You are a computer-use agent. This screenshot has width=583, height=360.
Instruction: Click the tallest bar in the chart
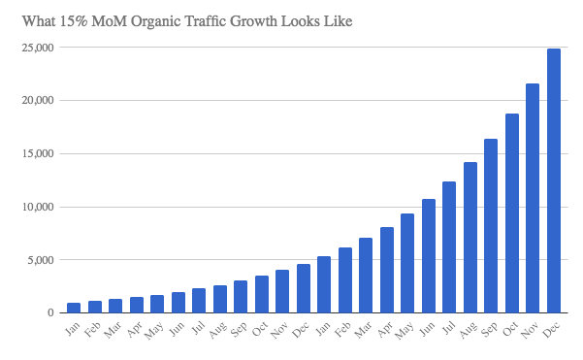click(x=554, y=180)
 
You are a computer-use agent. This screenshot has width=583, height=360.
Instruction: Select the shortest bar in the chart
click(x=74, y=308)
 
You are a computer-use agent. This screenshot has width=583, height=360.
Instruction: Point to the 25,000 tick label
click(x=38, y=48)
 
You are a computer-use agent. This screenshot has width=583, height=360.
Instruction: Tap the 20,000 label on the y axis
click(x=38, y=100)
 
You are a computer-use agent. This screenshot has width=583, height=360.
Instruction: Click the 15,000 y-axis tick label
click(x=38, y=153)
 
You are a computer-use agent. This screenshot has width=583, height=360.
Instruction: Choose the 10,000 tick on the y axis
click(x=38, y=207)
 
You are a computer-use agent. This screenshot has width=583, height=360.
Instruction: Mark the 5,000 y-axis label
click(x=41, y=260)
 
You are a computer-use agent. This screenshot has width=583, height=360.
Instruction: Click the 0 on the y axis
click(x=51, y=312)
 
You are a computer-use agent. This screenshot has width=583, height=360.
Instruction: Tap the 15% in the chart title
click(x=74, y=20)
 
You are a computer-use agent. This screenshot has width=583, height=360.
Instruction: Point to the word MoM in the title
click(x=109, y=20)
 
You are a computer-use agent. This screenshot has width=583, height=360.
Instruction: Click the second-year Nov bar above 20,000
click(x=533, y=198)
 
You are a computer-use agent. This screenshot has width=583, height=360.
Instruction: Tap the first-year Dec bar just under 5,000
click(x=304, y=288)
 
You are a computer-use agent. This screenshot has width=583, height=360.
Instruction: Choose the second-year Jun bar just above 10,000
click(x=429, y=256)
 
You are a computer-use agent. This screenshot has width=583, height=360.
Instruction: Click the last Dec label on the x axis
click(x=551, y=330)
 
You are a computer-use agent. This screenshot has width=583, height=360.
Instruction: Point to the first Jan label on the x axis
click(x=72, y=329)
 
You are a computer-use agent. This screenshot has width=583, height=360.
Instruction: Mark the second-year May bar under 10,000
click(x=407, y=263)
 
